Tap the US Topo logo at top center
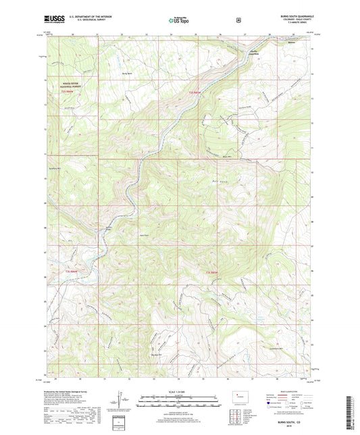pyautogui.click(x=177, y=21)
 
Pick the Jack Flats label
pyautogui.click(x=143, y=234)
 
